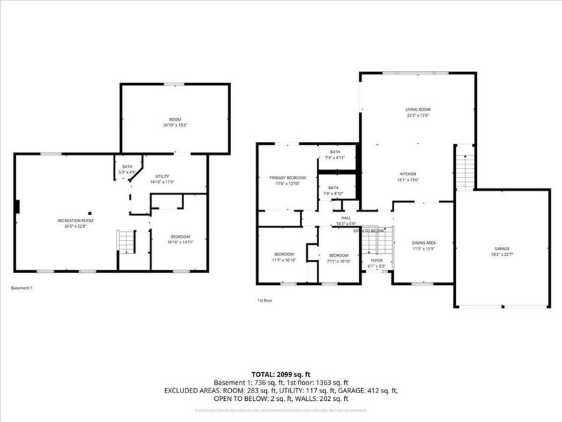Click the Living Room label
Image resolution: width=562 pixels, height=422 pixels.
[x=417, y=110]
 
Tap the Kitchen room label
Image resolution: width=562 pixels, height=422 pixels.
[x=409, y=174]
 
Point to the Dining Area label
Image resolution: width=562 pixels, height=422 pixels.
[x=424, y=243]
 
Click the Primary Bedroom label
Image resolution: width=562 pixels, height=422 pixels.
[x=288, y=178]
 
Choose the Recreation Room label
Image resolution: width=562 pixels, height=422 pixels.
[x=75, y=220]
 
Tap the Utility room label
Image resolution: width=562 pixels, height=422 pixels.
[x=162, y=176]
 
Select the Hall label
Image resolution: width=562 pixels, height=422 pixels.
[x=346, y=218]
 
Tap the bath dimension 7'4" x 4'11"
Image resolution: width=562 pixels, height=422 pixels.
[x=335, y=158]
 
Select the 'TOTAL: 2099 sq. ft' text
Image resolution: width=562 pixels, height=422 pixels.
[x=281, y=374]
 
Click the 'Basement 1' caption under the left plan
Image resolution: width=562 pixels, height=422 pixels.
[x=22, y=288]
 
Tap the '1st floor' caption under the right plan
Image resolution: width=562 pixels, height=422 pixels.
[x=265, y=300]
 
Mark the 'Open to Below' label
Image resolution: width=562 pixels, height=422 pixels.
[x=368, y=231]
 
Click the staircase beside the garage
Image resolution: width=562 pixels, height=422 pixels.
[x=466, y=167]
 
